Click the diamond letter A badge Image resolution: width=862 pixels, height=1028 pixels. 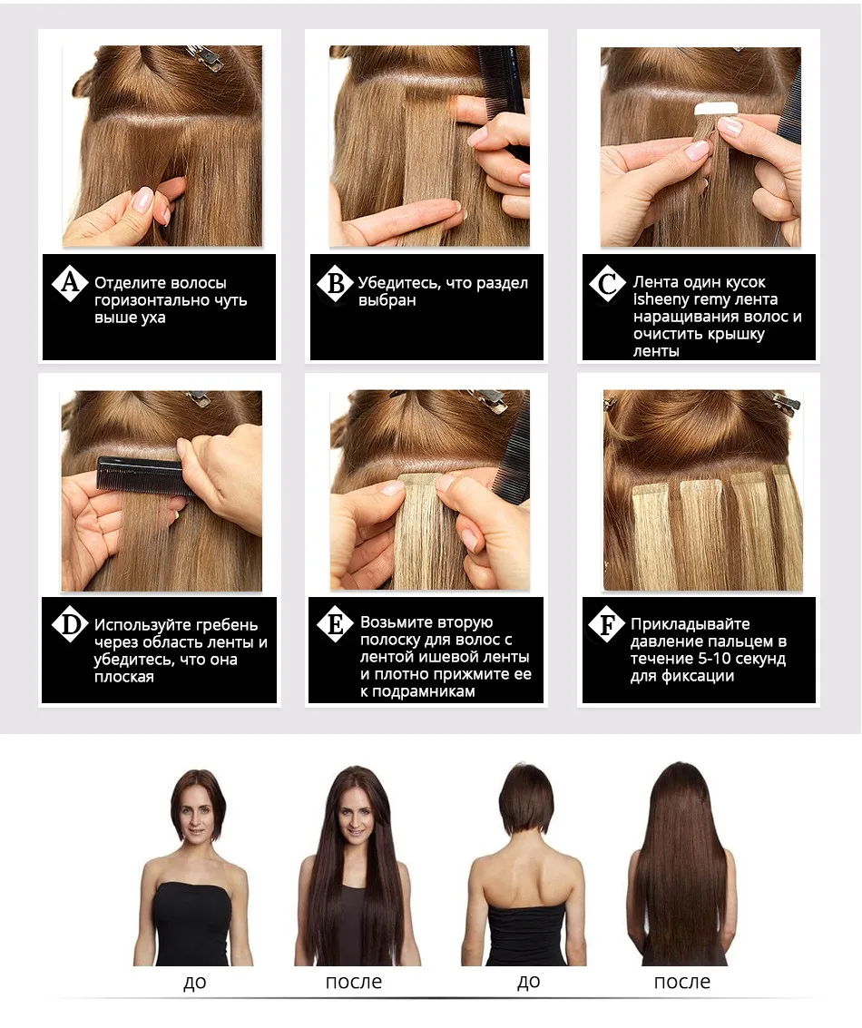coord(69,284)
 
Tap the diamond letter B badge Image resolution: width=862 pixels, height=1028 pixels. coord(335,284)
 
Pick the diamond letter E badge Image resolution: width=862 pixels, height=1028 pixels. coord(335,625)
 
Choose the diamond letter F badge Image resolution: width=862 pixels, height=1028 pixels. coord(605,625)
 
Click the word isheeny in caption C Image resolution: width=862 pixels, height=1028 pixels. coord(661,299)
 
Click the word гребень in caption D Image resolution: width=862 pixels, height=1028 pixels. coord(222,625)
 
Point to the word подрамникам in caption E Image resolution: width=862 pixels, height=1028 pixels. coord(426,691)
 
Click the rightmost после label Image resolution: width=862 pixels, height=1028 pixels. coord(681,982)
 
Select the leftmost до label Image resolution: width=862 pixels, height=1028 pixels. coord(194,982)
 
